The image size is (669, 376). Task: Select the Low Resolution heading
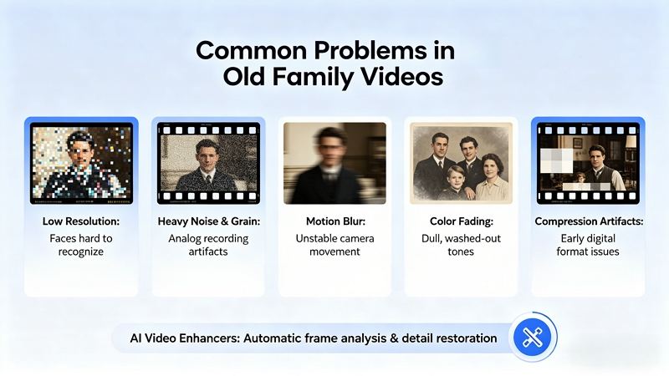[x=80, y=222]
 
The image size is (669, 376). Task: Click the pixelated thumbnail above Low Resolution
[x=81, y=164]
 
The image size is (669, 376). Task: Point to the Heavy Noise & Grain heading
[x=208, y=222]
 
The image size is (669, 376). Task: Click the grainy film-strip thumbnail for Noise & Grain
[x=208, y=164]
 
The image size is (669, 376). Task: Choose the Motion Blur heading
[x=334, y=222]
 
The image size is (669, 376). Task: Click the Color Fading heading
[x=461, y=222]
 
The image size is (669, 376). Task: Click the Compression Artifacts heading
[x=589, y=222]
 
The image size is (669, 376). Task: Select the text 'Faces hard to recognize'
[x=80, y=245]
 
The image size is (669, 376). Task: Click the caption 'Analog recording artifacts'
[x=208, y=245]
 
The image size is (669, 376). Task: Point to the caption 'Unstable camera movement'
[x=334, y=245]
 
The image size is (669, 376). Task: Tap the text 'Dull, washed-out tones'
[x=461, y=245]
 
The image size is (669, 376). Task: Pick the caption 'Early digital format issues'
[x=589, y=245]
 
